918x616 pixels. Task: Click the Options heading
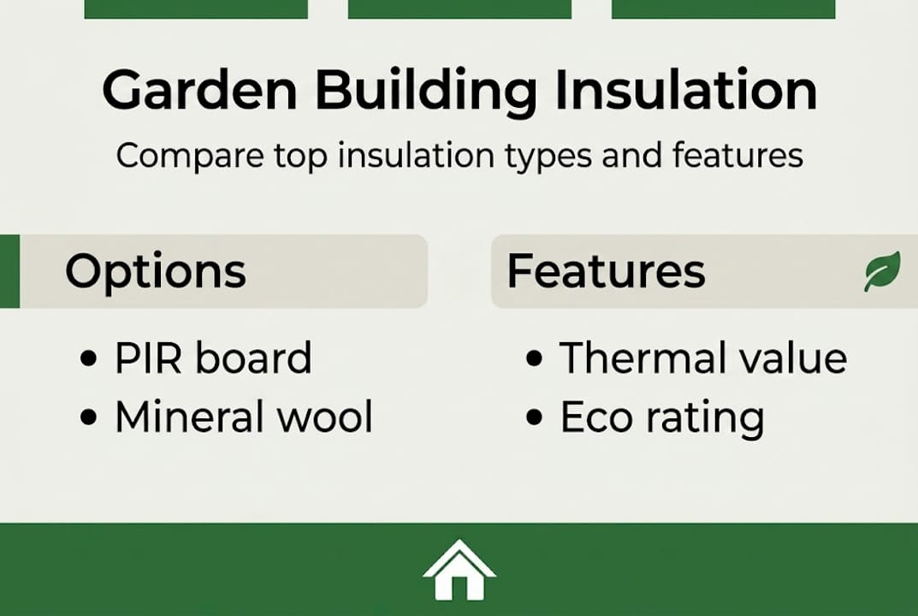click(x=156, y=271)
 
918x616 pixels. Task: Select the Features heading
click(x=606, y=271)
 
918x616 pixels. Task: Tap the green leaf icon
click(x=882, y=272)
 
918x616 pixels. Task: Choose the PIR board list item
click(x=213, y=358)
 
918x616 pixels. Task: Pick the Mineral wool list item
click(x=244, y=418)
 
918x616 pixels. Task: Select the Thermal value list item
click(x=702, y=358)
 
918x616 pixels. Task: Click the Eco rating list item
click(x=661, y=418)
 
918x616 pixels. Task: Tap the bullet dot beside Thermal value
click(x=535, y=359)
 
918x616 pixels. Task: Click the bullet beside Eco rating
click(x=535, y=418)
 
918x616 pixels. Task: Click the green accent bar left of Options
click(x=9, y=271)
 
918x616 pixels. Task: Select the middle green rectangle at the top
click(x=459, y=9)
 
